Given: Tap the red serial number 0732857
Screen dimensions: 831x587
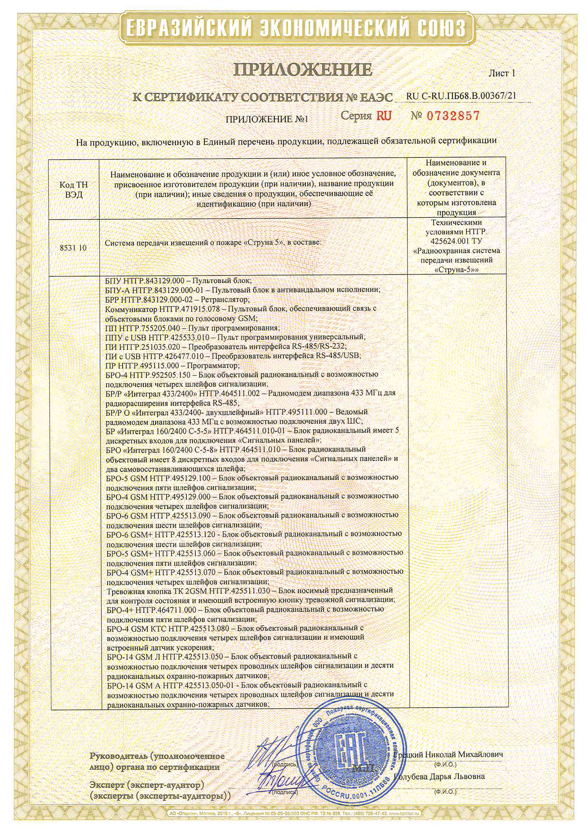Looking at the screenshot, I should click(453, 116).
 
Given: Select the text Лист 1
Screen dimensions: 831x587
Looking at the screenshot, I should click(501, 74).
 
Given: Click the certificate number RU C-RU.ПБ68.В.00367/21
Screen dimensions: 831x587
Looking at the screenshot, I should click(461, 96).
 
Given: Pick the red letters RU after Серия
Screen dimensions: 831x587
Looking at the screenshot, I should click(384, 116).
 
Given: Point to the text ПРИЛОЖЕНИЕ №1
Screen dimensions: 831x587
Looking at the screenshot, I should click(267, 119).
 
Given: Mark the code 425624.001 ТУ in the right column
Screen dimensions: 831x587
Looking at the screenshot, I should click(456, 241).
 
